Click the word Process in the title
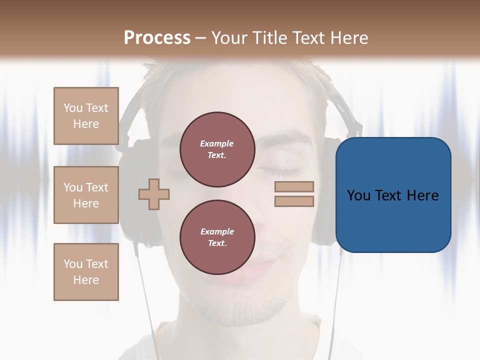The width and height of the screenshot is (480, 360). pyautogui.click(x=157, y=38)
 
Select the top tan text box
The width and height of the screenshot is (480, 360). pyautogui.click(x=86, y=116)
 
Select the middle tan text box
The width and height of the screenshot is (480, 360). pyautogui.click(x=86, y=195)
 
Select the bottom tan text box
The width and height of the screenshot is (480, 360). pyautogui.click(x=86, y=271)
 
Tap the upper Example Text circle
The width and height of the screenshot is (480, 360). pyautogui.click(x=217, y=149)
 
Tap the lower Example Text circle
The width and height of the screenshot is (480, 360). pyautogui.click(x=217, y=237)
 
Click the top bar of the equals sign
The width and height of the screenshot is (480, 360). pyautogui.click(x=294, y=186)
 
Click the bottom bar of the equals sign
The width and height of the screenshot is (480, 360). pyautogui.click(x=294, y=201)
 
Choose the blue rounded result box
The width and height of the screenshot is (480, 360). pyautogui.click(x=393, y=195)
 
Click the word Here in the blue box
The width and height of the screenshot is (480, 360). pyautogui.click(x=423, y=195)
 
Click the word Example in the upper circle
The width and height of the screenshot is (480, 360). pyautogui.click(x=217, y=143)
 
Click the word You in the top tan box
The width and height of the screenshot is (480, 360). pyautogui.click(x=72, y=108)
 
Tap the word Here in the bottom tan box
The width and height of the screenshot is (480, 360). pyautogui.click(x=86, y=280)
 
